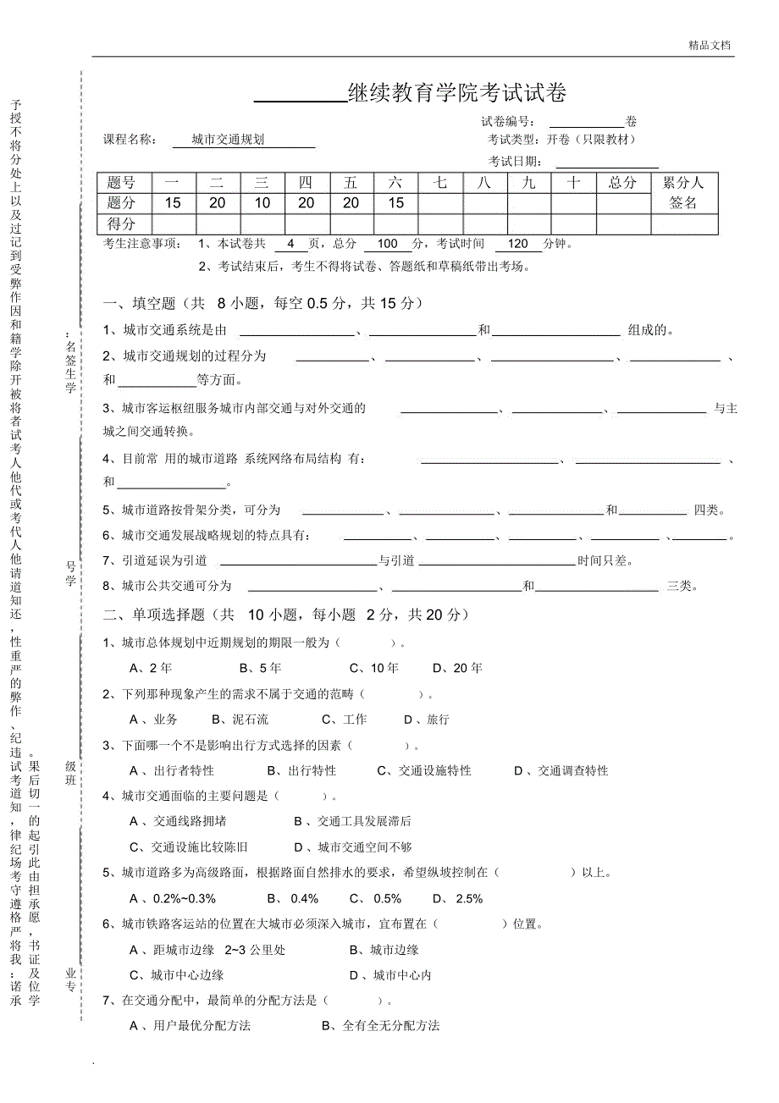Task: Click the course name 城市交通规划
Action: click(x=228, y=140)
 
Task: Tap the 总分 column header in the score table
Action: click(x=622, y=182)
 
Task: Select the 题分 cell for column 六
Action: click(x=395, y=203)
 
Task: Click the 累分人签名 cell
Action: click(x=683, y=193)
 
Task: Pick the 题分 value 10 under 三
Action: click(x=262, y=203)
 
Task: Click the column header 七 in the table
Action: click(x=440, y=182)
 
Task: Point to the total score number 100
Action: click(x=388, y=244)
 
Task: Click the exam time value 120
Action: click(x=518, y=244)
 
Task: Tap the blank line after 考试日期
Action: click(x=606, y=162)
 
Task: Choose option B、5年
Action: click(x=260, y=668)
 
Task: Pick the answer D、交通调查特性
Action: click(x=561, y=770)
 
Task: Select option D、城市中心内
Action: click(x=390, y=974)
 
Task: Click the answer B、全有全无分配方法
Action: click(x=380, y=1025)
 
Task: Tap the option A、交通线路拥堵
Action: click(x=178, y=821)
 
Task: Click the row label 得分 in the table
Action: click(x=122, y=224)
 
